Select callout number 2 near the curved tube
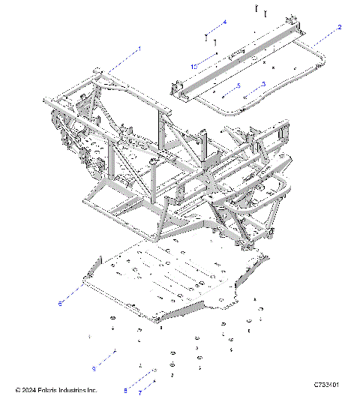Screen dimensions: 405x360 coord(340,27)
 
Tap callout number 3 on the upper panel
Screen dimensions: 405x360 coord(263,84)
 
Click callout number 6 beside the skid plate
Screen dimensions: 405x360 coord(60,303)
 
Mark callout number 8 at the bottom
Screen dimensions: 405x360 coord(125,390)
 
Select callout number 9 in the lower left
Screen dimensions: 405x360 coord(94,368)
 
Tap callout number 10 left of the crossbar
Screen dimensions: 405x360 coord(193,67)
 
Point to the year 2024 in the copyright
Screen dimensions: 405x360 coord(28,390)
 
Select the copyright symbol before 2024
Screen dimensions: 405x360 coord(18,390)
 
